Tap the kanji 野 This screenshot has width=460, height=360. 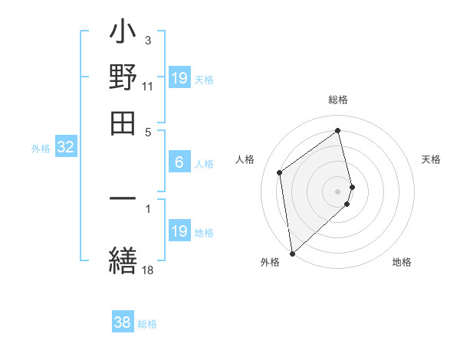coord(123,78)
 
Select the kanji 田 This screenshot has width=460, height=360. coord(123,121)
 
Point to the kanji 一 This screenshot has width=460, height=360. coord(123,200)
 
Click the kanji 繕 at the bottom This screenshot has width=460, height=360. coord(123,259)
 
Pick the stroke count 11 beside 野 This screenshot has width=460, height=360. coord(148,87)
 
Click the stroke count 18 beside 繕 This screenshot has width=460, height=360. coord(148,269)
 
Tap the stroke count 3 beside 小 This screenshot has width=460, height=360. coord(148,39)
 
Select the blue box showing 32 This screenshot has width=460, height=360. coord(65,148)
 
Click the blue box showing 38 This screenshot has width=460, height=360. coord(123,322)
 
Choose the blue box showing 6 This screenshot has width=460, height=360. coord(179,162)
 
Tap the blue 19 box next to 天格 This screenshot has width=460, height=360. coord(179,78)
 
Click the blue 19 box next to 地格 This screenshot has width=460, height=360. coord(179,231)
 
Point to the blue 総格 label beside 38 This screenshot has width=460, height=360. coord(148,324)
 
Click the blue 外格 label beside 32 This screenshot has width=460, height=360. coord(41,149)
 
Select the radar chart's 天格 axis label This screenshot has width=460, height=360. coord(432,159)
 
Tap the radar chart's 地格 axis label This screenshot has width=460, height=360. coord(402,262)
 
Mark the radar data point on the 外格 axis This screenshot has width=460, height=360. coord(292,253)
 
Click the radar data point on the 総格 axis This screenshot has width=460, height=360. coord(338,130)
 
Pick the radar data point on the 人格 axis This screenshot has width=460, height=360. coord(280,172)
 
